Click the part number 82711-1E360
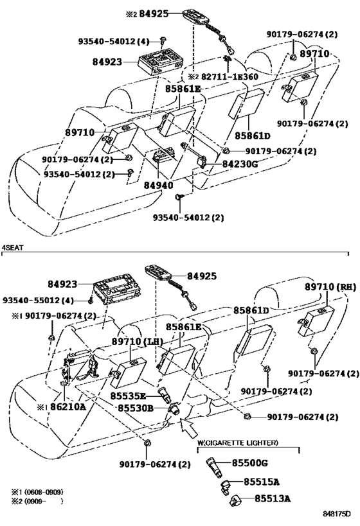(x=230, y=77)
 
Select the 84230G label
(x=240, y=164)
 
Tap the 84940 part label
(x=159, y=185)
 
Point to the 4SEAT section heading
(x=12, y=247)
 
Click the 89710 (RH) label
(x=330, y=287)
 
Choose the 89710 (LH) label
(x=137, y=342)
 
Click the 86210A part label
(x=68, y=407)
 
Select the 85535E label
(x=129, y=396)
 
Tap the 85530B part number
(x=136, y=408)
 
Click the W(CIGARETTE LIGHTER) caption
(x=237, y=443)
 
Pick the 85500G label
(x=249, y=463)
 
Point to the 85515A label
(x=261, y=482)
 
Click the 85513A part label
(x=272, y=499)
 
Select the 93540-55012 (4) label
(x=38, y=300)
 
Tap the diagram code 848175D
(x=337, y=514)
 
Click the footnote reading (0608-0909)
(x=44, y=492)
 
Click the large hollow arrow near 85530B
(x=188, y=427)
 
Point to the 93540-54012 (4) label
(x=114, y=41)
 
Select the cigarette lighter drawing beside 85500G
(x=213, y=467)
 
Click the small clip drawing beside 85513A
(x=234, y=501)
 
